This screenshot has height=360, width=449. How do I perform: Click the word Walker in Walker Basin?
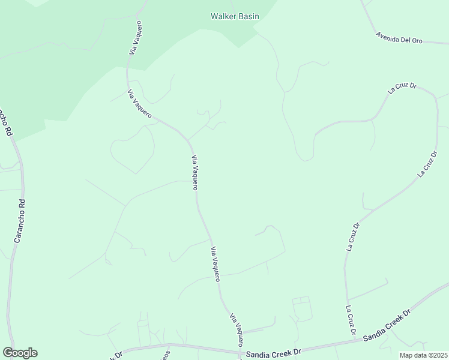click(223, 16)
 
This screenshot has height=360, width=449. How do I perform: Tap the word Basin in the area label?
click(249, 16)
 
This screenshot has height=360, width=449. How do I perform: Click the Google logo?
click(20, 353)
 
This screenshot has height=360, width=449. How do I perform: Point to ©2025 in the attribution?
click(436, 355)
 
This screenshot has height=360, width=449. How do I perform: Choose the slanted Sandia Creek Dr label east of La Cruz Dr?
click(387, 326)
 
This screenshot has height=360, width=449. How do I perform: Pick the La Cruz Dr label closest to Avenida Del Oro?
click(402, 88)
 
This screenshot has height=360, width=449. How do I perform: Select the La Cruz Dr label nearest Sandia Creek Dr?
click(351, 320)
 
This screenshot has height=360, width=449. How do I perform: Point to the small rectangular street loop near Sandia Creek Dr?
click(302, 308)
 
